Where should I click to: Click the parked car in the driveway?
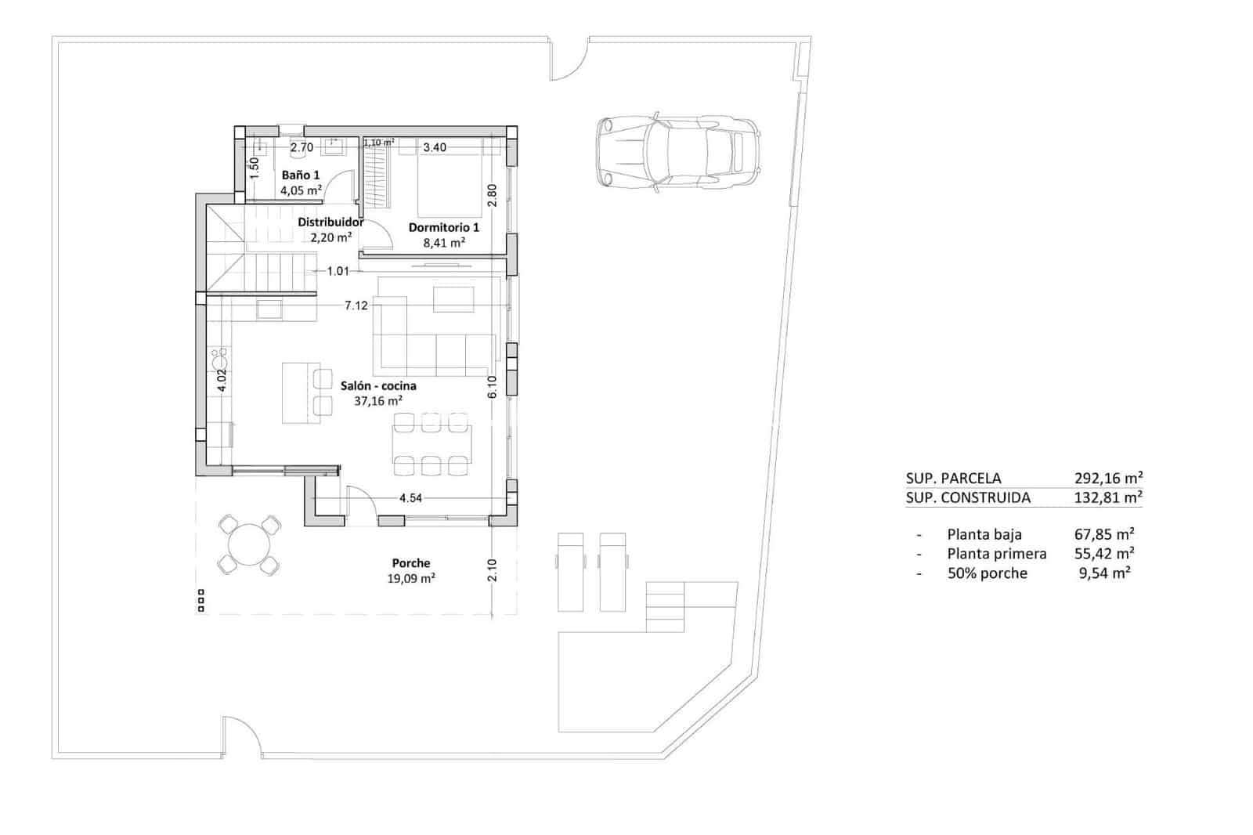[677, 152]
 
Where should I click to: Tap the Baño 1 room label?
[301, 175]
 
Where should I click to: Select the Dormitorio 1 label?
[444, 227]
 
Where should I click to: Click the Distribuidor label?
[330, 222]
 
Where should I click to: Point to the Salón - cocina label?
[378, 385]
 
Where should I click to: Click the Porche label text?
[411, 563]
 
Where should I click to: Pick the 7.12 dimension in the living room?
[356, 305]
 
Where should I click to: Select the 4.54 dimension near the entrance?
[410, 498]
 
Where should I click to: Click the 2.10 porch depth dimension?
[492, 570]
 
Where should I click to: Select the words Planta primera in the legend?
[996, 554]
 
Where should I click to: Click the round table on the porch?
[248, 544]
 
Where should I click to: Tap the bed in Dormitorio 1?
[449, 186]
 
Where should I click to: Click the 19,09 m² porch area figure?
[411, 579]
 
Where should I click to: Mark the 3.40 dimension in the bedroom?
[435, 147]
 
